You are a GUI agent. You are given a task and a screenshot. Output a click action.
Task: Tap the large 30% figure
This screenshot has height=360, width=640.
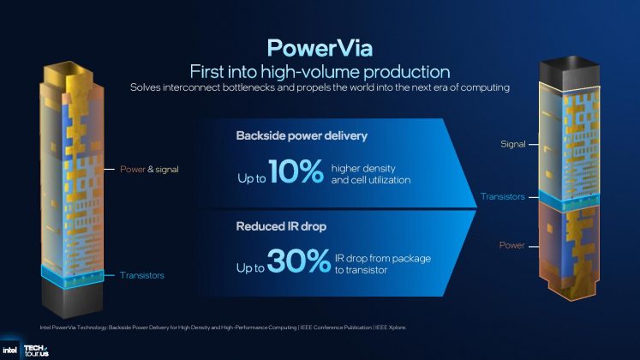(x=297, y=260)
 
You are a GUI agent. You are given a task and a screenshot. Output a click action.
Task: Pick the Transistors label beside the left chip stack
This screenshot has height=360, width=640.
(x=141, y=275)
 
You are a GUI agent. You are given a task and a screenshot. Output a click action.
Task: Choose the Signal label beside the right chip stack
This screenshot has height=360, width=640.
(x=512, y=145)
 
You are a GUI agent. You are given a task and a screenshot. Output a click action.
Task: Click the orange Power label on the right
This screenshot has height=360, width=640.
(x=511, y=246)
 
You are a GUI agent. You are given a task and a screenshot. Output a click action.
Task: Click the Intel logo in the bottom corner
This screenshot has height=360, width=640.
(x=12, y=350)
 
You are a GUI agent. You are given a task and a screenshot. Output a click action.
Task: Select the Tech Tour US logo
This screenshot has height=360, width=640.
(x=38, y=350)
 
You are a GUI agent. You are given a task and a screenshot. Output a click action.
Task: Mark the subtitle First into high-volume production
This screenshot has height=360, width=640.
(x=319, y=70)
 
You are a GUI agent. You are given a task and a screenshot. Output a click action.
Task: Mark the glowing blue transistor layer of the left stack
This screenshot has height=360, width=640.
(x=73, y=274)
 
